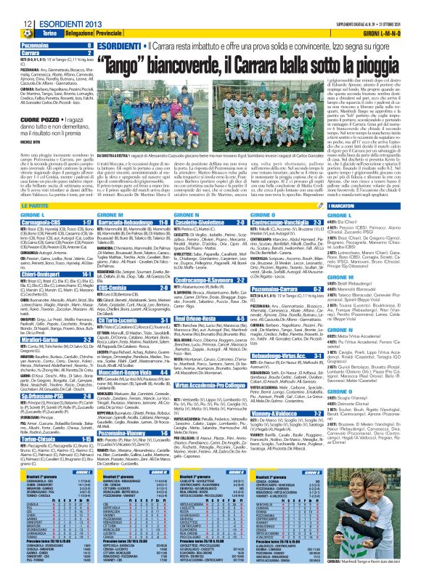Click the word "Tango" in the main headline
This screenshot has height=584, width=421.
(x=134, y=67)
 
